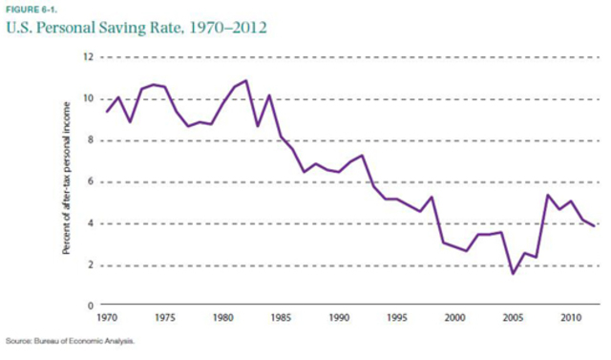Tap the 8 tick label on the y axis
[x=89, y=140]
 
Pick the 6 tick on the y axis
[x=89, y=182]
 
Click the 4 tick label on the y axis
[x=89, y=224]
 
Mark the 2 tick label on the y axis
[x=89, y=265]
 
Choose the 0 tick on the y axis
[x=89, y=307]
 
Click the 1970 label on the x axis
[x=107, y=316]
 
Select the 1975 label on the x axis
[x=164, y=316]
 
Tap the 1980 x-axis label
[x=222, y=316]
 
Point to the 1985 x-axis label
[x=281, y=316]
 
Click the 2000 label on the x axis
[x=454, y=316]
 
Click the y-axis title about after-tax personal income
[x=69, y=181]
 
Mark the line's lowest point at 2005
[x=513, y=273]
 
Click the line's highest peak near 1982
[x=246, y=80]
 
